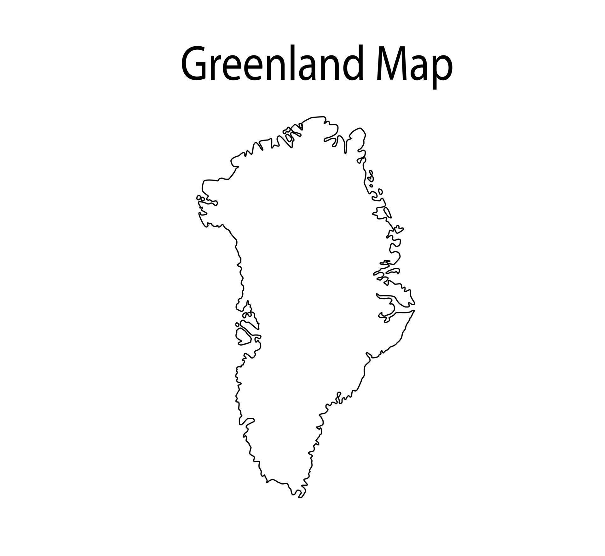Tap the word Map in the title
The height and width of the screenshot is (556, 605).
(414, 65)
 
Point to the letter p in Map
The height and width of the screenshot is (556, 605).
(441, 69)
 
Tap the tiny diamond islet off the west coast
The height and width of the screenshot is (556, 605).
(237, 324)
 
